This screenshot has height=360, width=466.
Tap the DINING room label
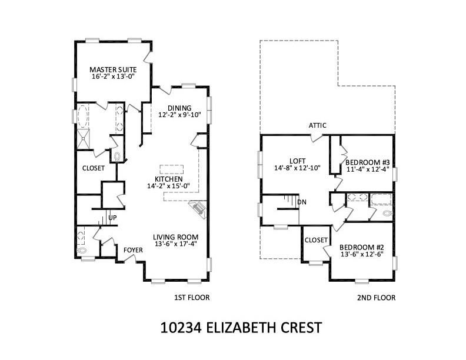tap(179, 108)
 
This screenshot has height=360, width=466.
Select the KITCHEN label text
tap(168, 179)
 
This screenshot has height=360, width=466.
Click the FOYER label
tap(133, 251)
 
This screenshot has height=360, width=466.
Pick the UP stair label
tap(112, 218)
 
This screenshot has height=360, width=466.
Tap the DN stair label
tap(302, 202)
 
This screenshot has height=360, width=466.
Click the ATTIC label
tap(318, 125)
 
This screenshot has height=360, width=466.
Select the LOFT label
tap(298, 161)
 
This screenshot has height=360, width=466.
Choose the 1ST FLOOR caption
tap(192, 298)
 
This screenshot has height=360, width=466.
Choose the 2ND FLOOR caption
tap(376, 298)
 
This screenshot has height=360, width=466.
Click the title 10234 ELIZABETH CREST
tap(241, 327)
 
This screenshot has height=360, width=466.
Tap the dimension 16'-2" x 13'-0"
tap(114, 77)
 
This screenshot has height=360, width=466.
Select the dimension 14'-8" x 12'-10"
tap(298, 168)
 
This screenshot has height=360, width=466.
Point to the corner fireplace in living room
tap(197, 209)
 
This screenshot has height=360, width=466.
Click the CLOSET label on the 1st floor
tap(94, 168)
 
